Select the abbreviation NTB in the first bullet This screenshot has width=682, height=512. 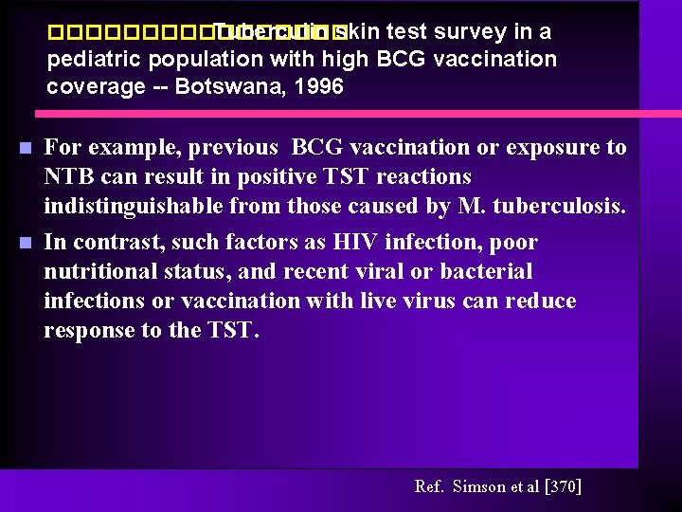point(67,176)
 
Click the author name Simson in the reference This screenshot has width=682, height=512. point(480,486)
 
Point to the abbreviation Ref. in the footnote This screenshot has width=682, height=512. point(429,486)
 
